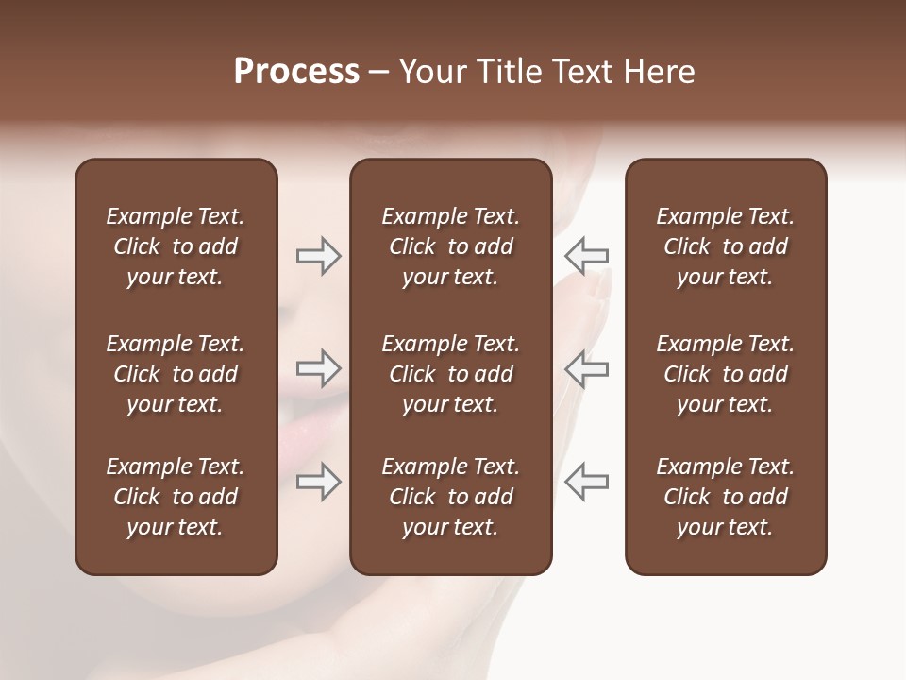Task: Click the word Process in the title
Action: point(296,72)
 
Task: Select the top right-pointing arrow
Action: point(318,256)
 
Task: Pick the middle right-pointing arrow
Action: point(318,369)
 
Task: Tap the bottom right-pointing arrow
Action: point(318,482)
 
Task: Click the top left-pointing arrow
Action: point(587,256)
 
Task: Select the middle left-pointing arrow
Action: point(587,369)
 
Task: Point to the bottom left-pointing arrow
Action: point(587,482)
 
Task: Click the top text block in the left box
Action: point(176,246)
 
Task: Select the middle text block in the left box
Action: point(176,374)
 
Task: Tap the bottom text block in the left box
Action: point(176,497)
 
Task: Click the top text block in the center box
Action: point(451,246)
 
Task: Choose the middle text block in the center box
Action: point(451,374)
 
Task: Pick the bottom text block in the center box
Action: point(451,497)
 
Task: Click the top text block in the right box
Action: point(726,246)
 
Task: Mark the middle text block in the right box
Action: point(726,374)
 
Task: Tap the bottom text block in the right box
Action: point(726,497)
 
